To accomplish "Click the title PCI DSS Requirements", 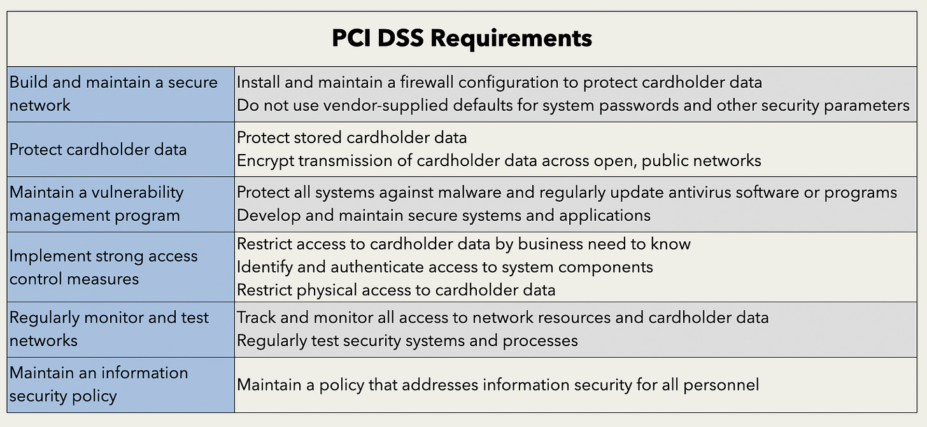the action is pyautogui.click(x=462, y=38).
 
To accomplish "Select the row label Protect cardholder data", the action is pyautogui.click(x=98, y=150).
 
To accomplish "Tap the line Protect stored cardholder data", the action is pyautogui.click(x=351, y=137).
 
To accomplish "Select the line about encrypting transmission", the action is pyautogui.click(x=499, y=160).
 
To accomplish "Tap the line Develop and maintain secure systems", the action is pyautogui.click(x=444, y=215).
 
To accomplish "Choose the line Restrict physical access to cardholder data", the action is pyautogui.click(x=396, y=290).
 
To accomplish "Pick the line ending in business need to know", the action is pyautogui.click(x=463, y=244).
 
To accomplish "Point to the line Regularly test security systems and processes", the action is pyautogui.click(x=407, y=340).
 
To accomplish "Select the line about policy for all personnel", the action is pyautogui.click(x=498, y=384).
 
